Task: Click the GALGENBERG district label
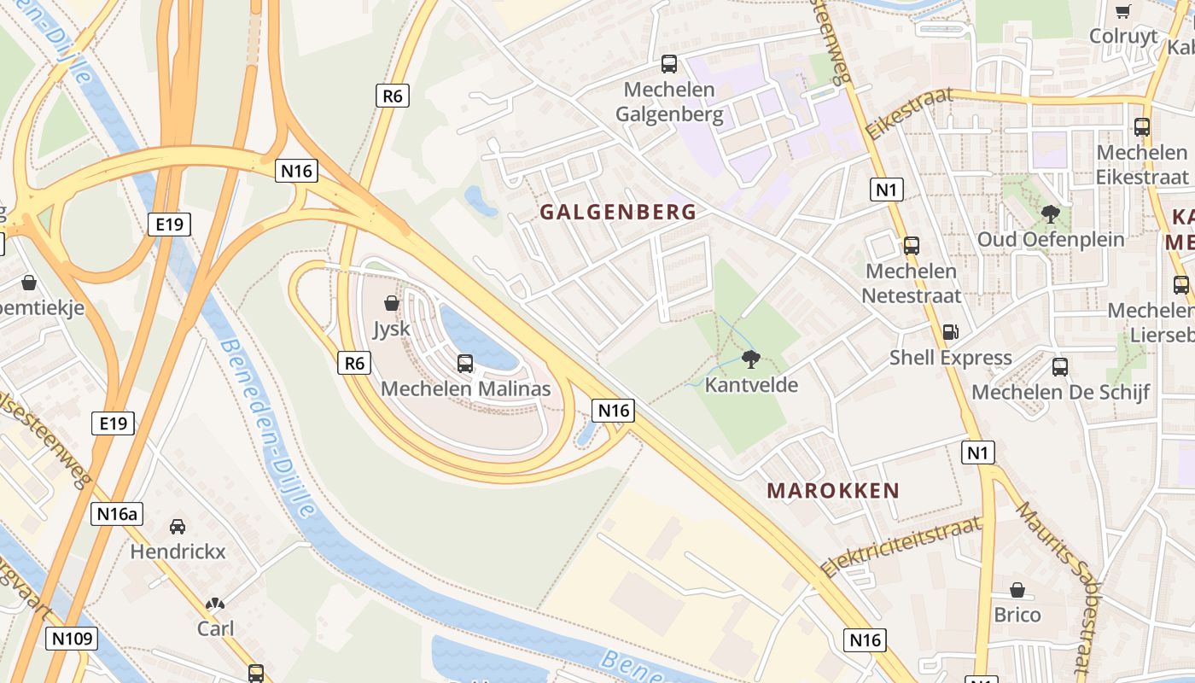tap(618, 213)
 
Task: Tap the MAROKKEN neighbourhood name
tap(833, 491)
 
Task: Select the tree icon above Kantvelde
tap(751, 359)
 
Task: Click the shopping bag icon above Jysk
tap(392, 303)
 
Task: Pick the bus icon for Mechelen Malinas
tap(465, 364)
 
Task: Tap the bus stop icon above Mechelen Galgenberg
tap(669, 64)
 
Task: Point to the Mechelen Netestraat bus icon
tap(912, 246)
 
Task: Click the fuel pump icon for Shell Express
tap(950, 332)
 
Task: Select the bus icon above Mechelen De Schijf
tap(1060, 367)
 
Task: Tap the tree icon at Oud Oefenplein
tap(1051, 214)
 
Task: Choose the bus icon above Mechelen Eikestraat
tap(1142, 127)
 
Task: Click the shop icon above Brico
tap(1017, 590)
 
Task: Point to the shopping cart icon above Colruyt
tap(1123, 12)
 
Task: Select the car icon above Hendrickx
tap(178, 527)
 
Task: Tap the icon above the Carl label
tap(215, 604)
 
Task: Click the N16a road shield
tap(117, 514)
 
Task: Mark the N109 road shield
tap(73, 639)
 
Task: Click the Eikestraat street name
tap(908, 114)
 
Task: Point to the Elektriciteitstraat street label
tap(901, 546)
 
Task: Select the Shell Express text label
tap(951, 358)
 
